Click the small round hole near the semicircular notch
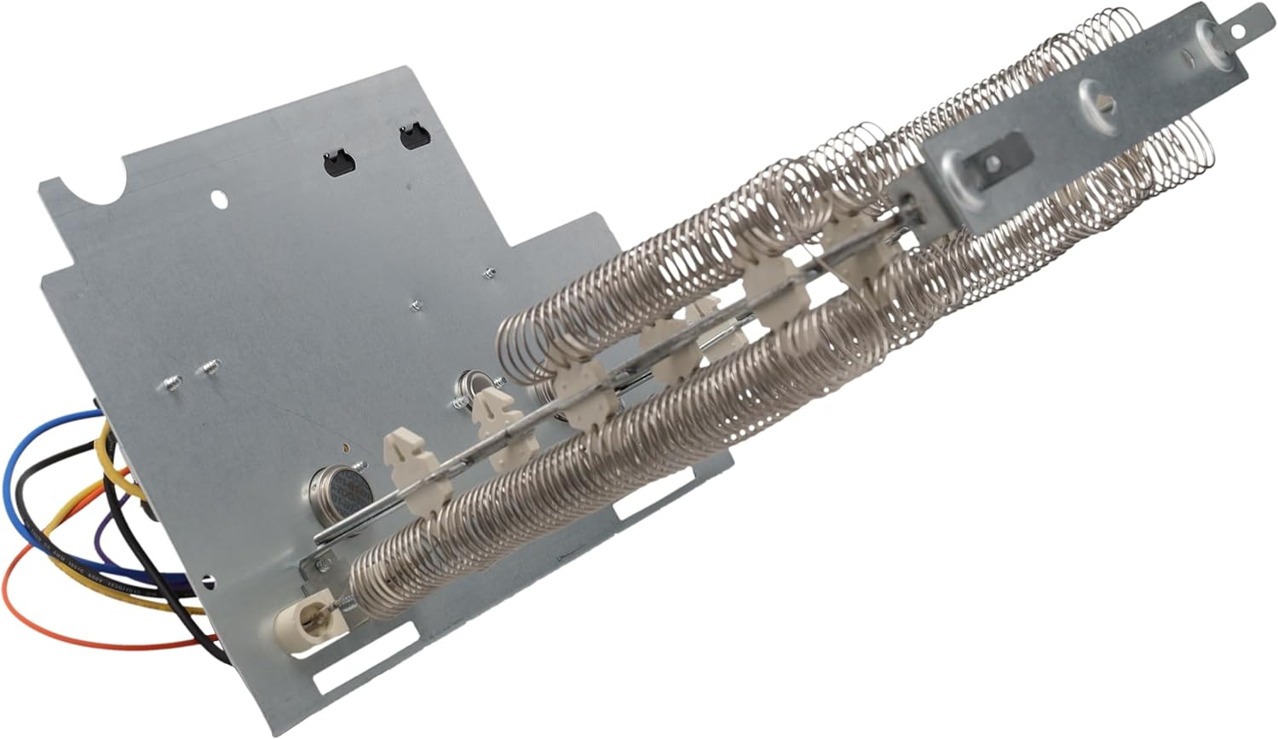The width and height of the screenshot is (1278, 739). click(x=220, y=199)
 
